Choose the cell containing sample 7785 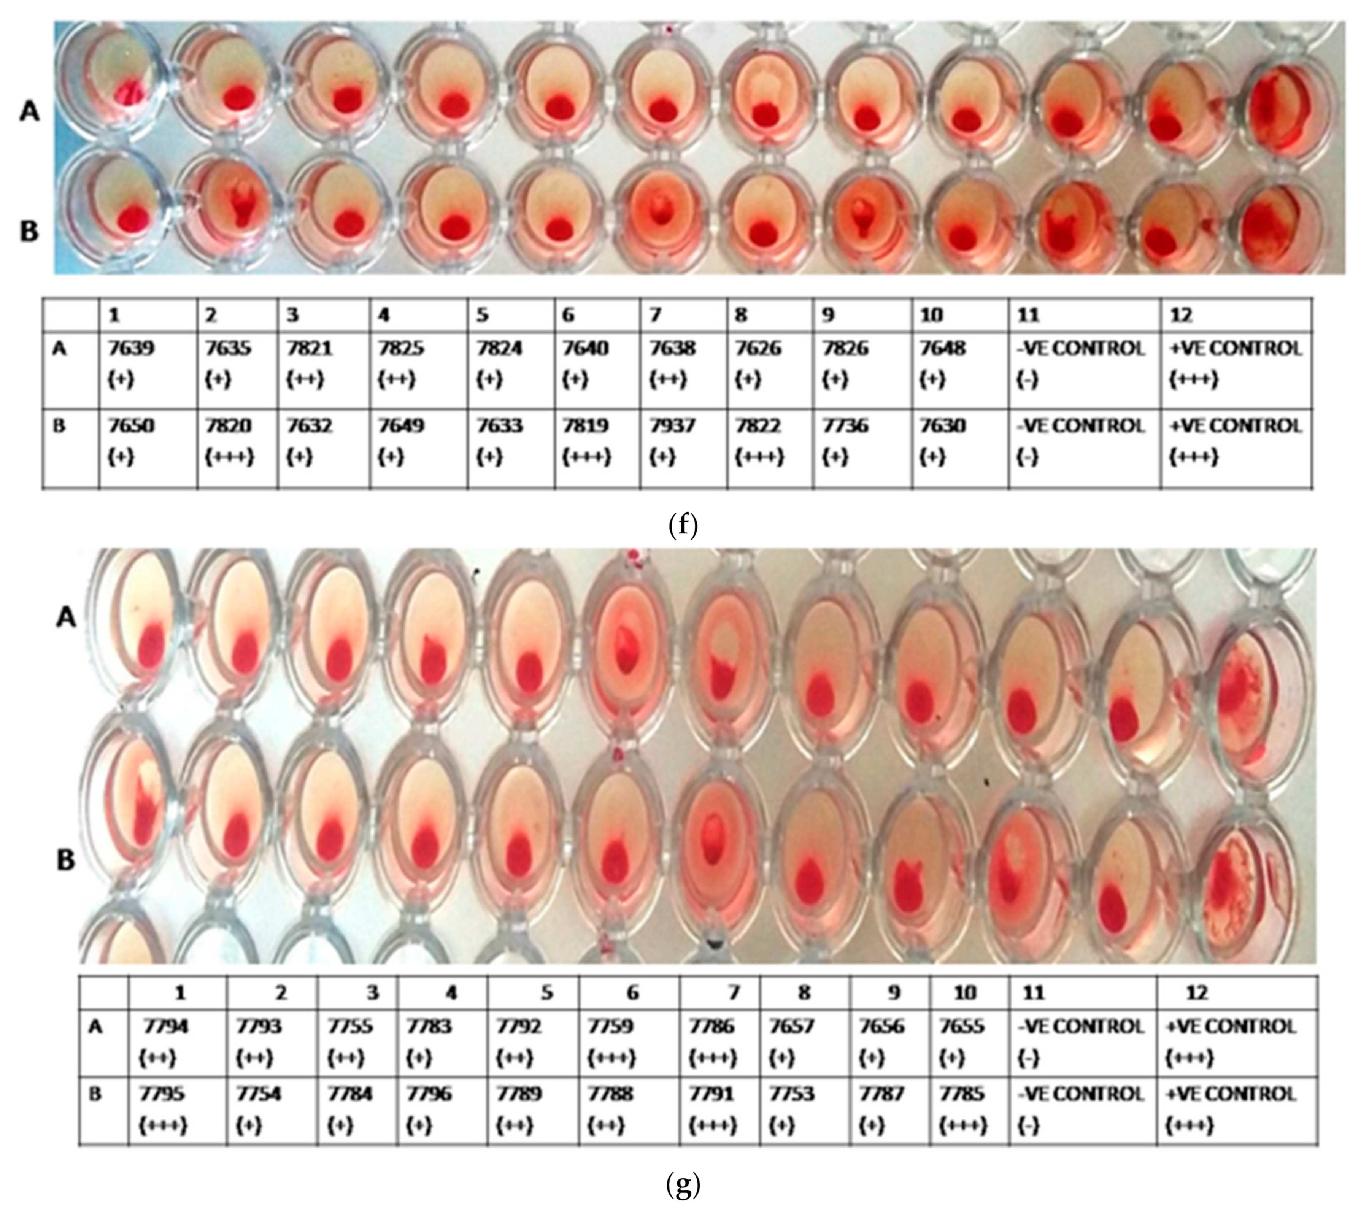969,1110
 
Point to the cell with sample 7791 719,1110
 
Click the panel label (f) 683,525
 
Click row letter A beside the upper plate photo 29,111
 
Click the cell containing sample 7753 804,1110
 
